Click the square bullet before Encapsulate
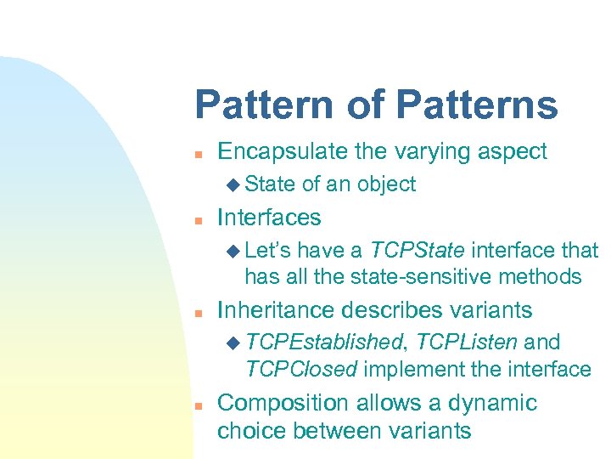point(197,154)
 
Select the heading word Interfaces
point(269,218)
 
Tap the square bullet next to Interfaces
point(197,219)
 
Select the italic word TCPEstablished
point(323,342)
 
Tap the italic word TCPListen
point(467,342)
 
